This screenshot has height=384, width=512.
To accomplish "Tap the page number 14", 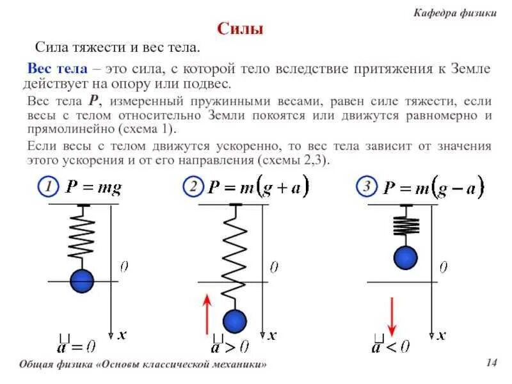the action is coord(492,364).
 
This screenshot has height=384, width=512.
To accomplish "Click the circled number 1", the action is coord(46,188).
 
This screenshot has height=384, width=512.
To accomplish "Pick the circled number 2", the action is coord(193,188).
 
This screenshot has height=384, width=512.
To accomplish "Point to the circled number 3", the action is coord(367,188).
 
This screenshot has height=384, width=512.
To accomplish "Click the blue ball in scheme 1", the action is coord(81,280).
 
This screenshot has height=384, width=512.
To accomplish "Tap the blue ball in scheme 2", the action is coord(234,321).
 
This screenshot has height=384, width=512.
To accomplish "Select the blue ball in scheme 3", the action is coord(404,257).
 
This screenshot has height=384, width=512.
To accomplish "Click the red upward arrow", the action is coord(206,314).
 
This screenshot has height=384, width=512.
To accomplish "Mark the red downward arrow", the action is coord(392,316).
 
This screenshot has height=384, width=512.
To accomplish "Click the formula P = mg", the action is coord(93,188).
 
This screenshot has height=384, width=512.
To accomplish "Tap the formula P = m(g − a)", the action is coord(433,188).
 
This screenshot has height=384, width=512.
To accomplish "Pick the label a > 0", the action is coord(229,346).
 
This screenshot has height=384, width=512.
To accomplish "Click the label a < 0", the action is coord(390,346).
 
